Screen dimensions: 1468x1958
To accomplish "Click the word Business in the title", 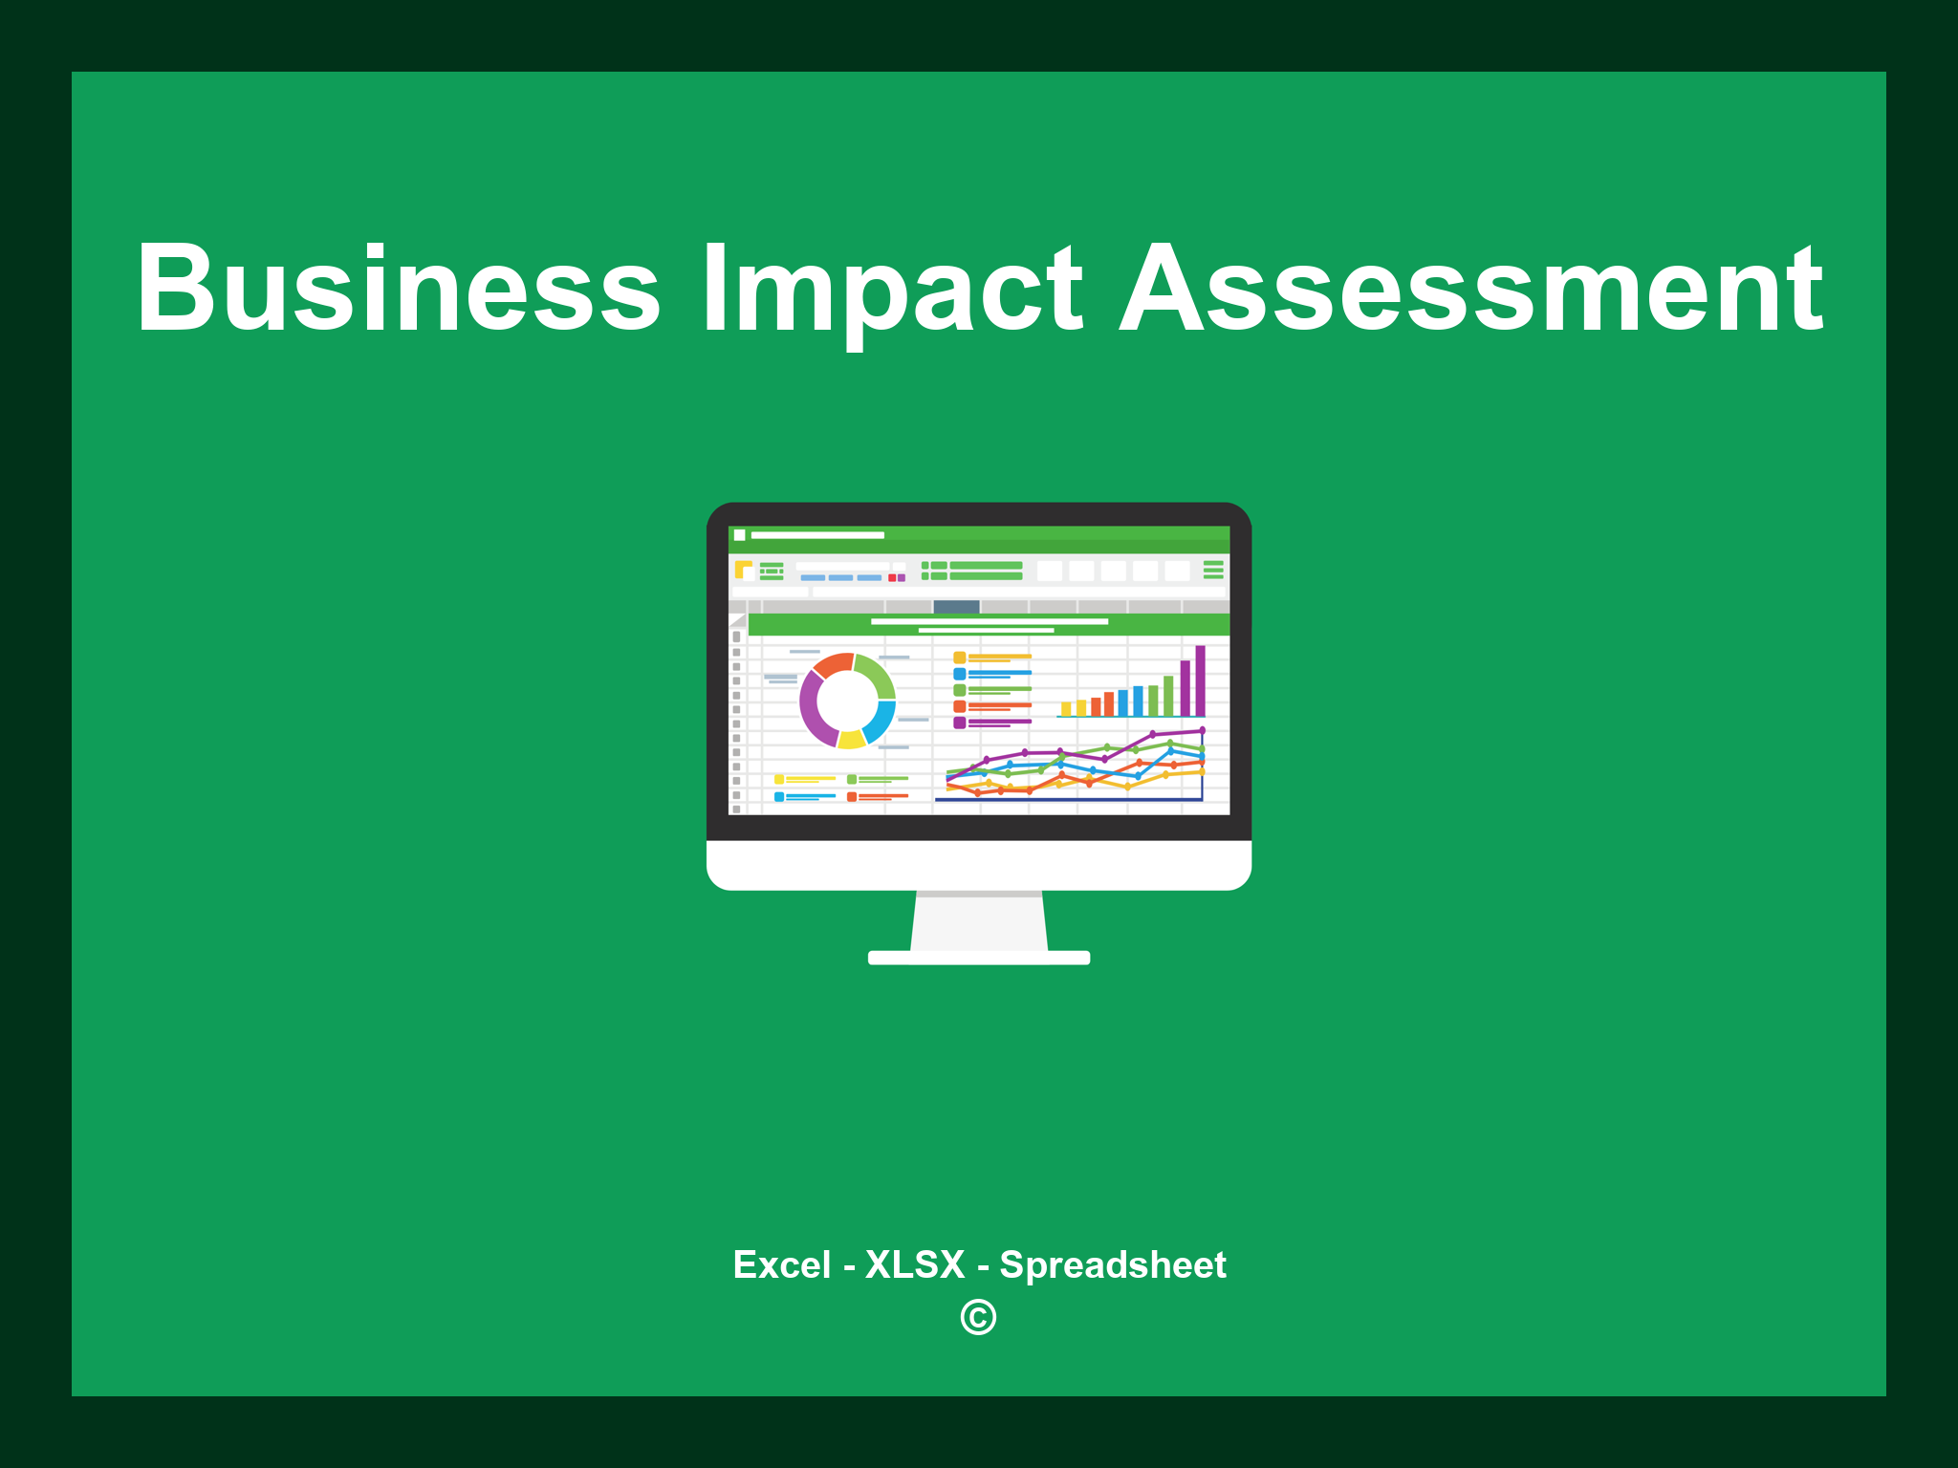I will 398,289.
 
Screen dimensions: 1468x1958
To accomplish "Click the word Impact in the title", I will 892,289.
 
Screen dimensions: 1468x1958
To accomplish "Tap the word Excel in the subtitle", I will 781,1264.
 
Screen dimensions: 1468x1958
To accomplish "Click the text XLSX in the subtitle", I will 915,1264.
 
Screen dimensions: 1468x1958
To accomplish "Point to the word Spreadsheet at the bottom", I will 1112,1264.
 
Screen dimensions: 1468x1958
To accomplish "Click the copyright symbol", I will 978,1317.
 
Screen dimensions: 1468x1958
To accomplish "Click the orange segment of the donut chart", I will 834,664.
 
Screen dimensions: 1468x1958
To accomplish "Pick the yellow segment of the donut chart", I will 851,739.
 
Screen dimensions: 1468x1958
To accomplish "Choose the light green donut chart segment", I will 876,674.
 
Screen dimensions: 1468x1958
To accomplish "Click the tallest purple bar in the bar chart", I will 1200,680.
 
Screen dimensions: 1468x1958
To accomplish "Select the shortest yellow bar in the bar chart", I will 1065,709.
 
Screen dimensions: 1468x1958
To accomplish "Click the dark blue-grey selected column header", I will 956,607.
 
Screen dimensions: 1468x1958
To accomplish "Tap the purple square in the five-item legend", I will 959,723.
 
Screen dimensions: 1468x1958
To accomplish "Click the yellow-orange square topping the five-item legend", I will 959,658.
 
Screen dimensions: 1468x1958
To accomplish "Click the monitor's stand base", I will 978,958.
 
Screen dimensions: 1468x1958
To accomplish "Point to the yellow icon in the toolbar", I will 743,570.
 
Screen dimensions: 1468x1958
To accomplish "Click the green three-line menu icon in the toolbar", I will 1213,570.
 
